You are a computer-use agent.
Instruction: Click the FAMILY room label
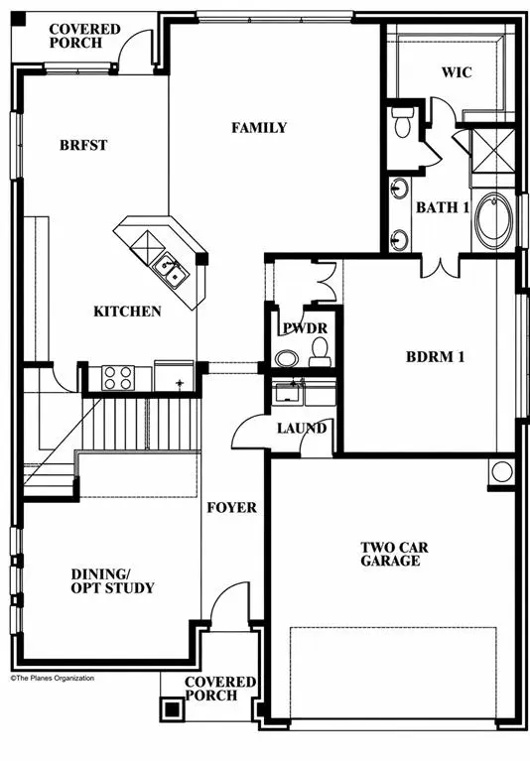[259, 128]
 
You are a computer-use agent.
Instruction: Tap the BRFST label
[82, 145]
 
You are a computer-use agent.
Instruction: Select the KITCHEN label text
[127, 312]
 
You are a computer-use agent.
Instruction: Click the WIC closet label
[460, 72]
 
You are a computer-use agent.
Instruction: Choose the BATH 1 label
[442, 207]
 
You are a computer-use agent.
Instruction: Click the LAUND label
[302, 429]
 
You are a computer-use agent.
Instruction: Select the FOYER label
[231, 507]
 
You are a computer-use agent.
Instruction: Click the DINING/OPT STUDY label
[112, 581]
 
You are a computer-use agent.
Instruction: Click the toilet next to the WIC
[403, 123]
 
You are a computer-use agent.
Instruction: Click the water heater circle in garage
[501, 471]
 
